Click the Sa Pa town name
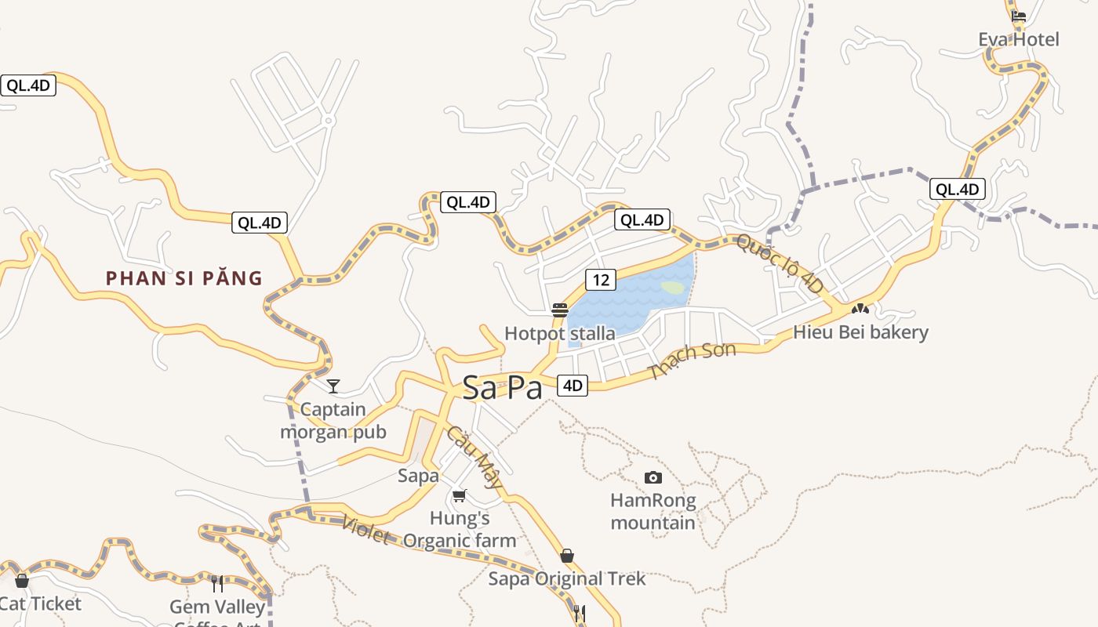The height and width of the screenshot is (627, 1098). tap(502, 387)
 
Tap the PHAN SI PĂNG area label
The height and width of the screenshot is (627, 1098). tap(184, 278)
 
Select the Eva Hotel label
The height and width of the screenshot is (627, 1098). tap(1018, 39)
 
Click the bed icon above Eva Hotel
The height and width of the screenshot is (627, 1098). tap(1018, 16)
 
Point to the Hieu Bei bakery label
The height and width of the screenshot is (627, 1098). tap(860, 332)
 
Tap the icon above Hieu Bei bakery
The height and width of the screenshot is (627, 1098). tap(860, 309)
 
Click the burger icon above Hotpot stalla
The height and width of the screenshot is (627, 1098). tap(559, 310)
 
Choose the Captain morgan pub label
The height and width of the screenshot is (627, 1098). tap(333, 421)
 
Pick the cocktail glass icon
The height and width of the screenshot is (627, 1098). tap(333, 386)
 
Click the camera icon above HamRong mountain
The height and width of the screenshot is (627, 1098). tap(653, 477)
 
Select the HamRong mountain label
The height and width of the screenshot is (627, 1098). tap(653, 512)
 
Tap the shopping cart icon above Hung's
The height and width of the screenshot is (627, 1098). tap(460, 495)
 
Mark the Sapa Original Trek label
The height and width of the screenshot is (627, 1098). tap(566, 579)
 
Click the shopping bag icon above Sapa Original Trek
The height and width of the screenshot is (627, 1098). tap(566, 556)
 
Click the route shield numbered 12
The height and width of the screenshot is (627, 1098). tap(601, 280)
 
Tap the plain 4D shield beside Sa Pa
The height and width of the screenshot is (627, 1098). tap(573, 385)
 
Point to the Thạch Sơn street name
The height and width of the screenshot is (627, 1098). tap(693, 361)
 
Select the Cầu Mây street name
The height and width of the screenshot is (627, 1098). tap(474, 457)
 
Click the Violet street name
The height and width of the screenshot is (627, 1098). tap(365, 529)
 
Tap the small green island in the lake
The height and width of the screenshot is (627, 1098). tap(672, 288)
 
